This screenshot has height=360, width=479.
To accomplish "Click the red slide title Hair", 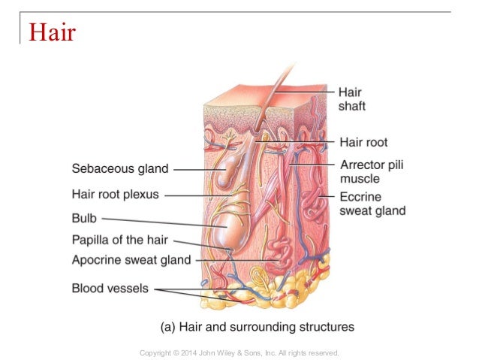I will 53,32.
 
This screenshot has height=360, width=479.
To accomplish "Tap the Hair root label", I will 363,141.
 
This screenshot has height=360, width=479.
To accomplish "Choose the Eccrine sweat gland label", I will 372,203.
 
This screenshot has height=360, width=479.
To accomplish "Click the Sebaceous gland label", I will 120,168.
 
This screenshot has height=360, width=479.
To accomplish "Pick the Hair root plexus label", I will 115,194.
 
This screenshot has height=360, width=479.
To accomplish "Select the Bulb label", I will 84,219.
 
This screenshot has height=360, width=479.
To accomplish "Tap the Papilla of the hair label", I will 119,241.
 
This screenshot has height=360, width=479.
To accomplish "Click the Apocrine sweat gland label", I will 131,260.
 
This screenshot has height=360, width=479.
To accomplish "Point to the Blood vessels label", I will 110,287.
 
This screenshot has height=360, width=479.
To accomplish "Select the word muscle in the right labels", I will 360,179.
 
